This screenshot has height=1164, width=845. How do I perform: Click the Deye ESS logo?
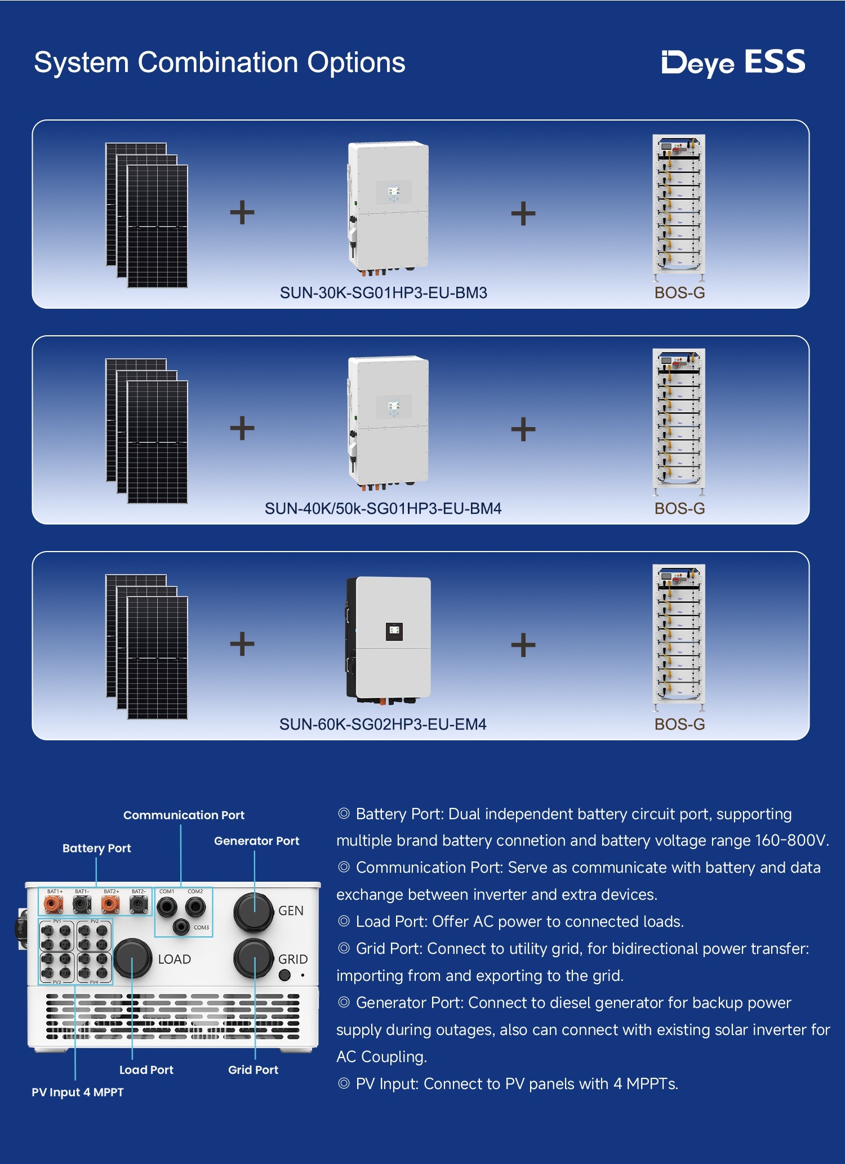click(733, 62)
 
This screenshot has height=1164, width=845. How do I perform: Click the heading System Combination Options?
click(220, 62)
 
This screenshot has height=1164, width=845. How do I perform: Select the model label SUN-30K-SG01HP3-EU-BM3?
click(384, 293)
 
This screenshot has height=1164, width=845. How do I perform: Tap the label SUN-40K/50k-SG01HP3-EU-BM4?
click(383, 509)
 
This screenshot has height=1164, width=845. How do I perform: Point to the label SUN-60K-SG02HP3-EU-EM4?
click(383, 725)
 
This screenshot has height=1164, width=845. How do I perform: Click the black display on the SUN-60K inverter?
click(394, 632)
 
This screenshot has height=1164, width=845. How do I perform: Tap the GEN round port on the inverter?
click(253, 911)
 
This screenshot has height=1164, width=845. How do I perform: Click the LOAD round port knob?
click(133, 958)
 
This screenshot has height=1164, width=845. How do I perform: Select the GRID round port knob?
click(253, 958)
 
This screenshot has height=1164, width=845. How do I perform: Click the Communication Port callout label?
click(184, 815)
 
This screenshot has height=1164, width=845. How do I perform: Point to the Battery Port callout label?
click(97, 848)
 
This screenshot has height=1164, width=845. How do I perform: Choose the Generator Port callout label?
click(257, 841)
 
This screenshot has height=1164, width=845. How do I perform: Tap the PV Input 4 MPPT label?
click(78, 1092)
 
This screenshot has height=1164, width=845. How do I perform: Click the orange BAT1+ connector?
click(54, 905)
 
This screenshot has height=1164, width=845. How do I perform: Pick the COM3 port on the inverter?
click(181, 926)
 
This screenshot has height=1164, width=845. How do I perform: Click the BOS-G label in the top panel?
click(679, 293)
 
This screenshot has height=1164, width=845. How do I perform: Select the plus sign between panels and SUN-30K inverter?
click(242, 212)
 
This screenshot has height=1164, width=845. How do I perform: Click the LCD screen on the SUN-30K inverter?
click(394, 193)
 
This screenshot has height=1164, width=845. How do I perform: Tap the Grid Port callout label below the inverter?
click(253, 1070)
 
